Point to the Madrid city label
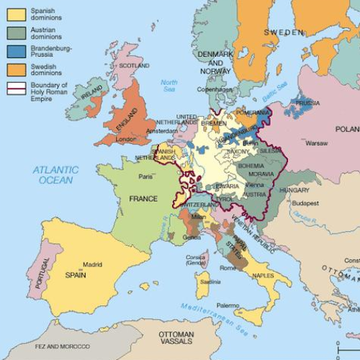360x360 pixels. point(94,264)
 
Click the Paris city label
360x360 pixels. point(146,176)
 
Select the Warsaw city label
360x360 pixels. point(316,143)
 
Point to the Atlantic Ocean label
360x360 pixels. point(55,174)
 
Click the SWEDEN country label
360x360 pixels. point(284,33)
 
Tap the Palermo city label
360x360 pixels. point(228,305)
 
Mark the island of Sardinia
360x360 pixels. point(204,284)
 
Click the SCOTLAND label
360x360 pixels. point(134,66)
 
